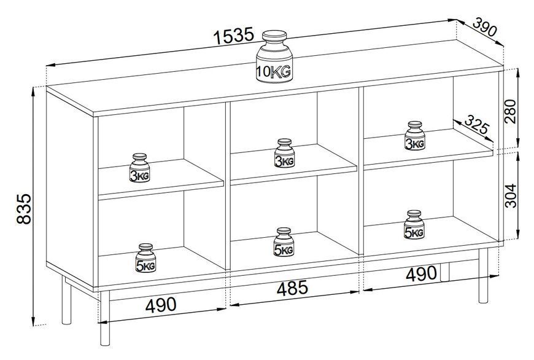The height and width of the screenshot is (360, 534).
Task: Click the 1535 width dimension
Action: [234, 36]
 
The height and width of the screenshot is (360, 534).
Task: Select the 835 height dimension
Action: [24, 209]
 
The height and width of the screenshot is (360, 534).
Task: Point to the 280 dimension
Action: [511, 111]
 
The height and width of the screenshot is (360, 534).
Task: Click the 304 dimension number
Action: [511, 196]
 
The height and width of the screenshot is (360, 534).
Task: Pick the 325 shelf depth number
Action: [477, 125]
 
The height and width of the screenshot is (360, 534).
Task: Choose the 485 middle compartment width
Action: [292, 288]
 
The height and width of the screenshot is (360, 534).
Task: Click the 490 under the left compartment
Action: [161, 305]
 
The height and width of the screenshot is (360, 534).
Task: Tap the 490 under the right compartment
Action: [421, 274]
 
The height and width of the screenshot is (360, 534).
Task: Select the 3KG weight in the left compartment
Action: [139, 168]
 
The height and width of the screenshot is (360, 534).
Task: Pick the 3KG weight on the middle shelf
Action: [284, 153]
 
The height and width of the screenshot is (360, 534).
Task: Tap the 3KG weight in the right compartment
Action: [415, 136]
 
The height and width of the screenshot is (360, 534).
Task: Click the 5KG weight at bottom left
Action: [145, 258]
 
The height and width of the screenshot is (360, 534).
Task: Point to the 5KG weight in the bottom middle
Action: [284, 242]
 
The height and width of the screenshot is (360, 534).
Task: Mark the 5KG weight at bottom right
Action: [414, 225]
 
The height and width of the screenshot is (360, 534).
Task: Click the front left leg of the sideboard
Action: [105, 318]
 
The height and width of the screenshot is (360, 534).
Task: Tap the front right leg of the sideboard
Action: [483, 275]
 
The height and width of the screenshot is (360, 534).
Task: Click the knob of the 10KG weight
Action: [274, 36]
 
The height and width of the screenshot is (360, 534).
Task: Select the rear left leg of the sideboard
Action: [67, 300]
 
